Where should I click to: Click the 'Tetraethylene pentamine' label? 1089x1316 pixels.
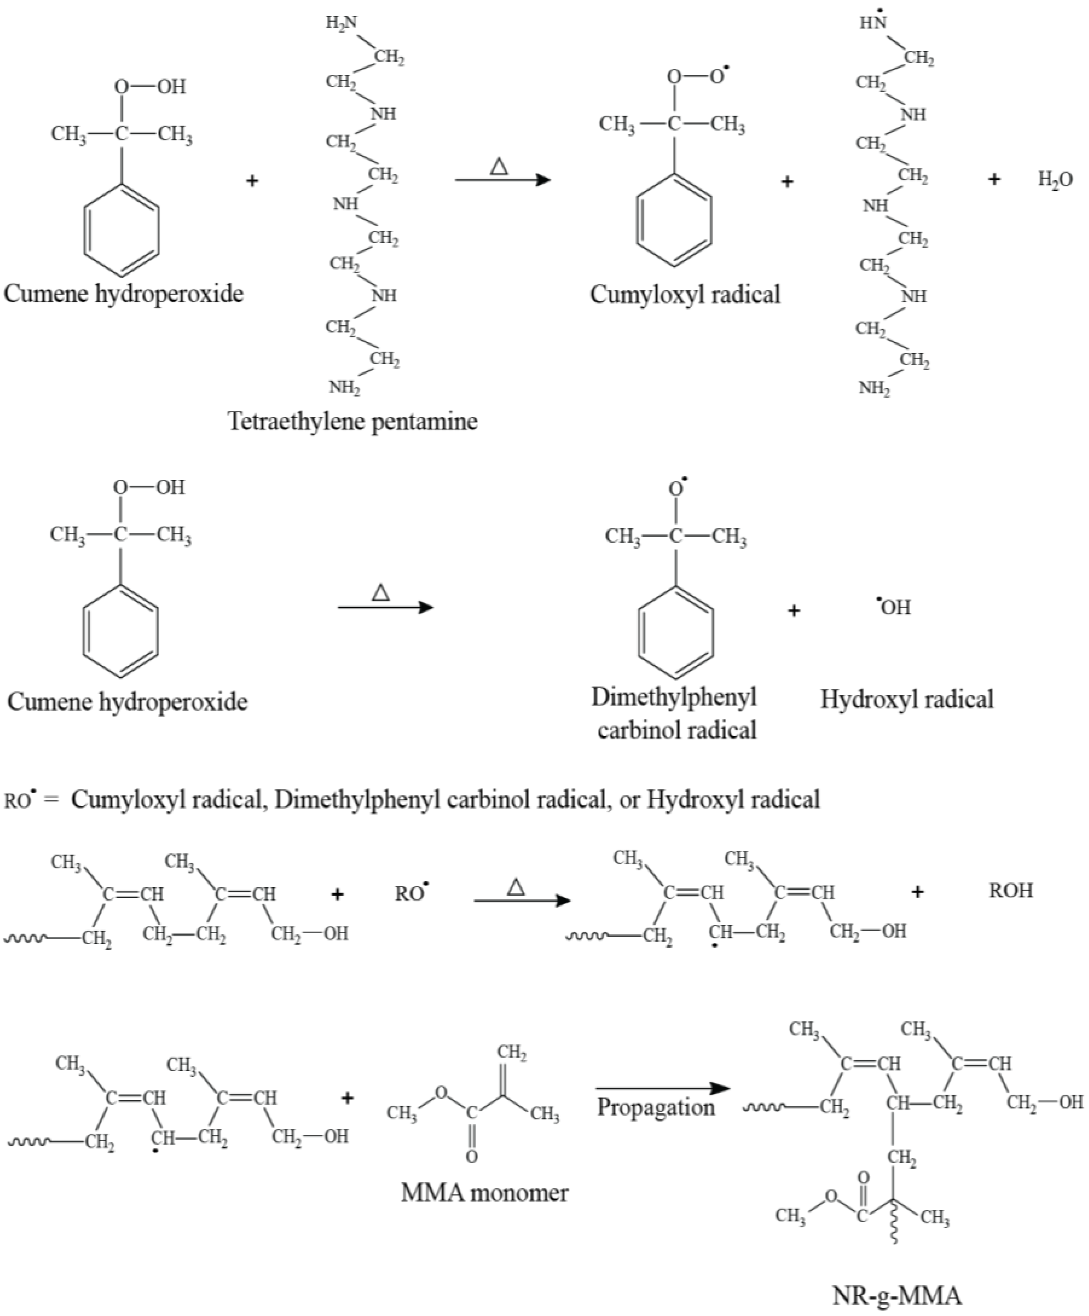click(352, 421)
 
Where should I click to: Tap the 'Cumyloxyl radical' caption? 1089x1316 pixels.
click(685, 294)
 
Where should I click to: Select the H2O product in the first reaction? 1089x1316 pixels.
click(1055, 180)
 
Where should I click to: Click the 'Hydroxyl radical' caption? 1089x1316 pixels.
click(907, 699)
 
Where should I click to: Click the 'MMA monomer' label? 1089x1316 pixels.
click(484, 1192)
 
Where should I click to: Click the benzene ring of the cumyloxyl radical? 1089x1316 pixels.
click(674, 221)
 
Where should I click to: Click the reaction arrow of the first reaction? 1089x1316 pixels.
click(502, 180)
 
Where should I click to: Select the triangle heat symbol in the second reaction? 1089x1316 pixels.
click(381, 592)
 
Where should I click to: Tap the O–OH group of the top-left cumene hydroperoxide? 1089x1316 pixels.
click(151, 87)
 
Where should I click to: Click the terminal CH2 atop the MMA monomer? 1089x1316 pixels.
click(512, 1053)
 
